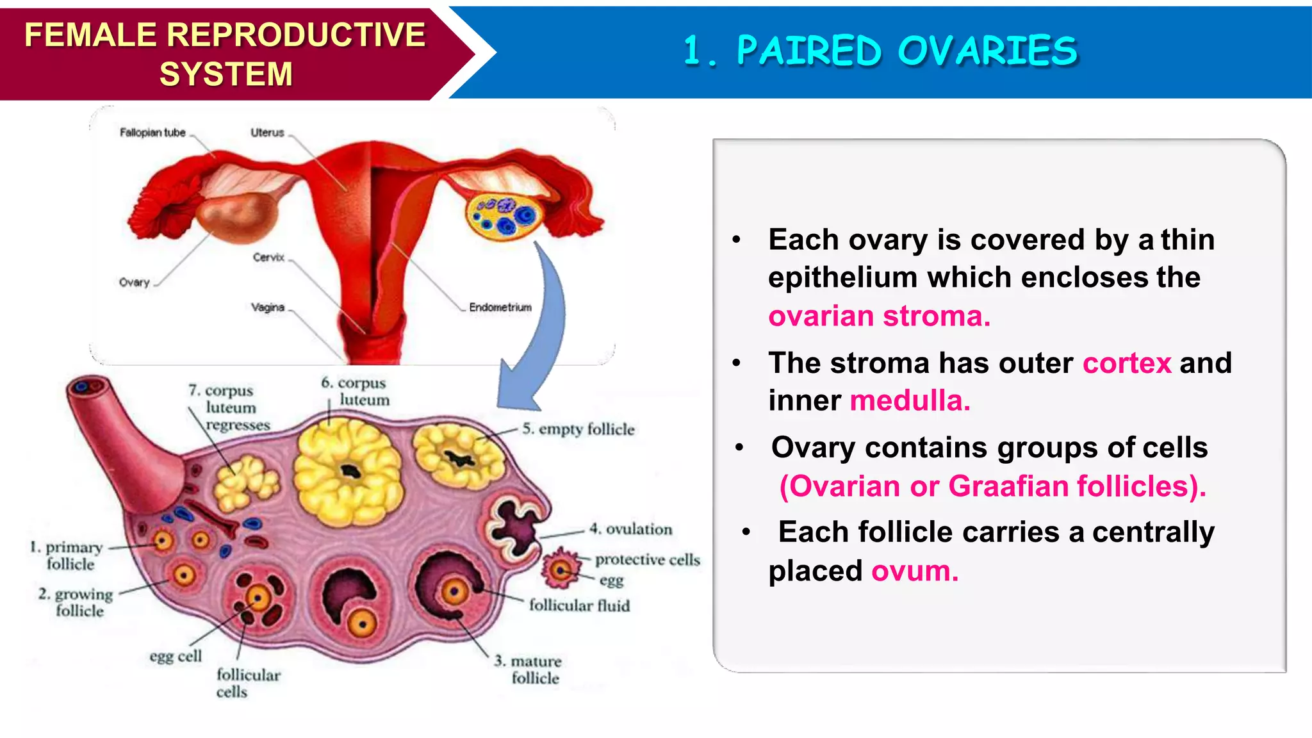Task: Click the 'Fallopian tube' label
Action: tap(152, 133)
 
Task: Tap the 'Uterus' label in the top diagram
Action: tap(267, 133)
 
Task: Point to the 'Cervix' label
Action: tap(268, 257)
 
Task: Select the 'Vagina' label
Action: tap(268, 307)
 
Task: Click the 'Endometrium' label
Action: tap(500, 307)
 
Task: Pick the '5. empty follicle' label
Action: tap(578, 429)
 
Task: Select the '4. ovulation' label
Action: tap(631, 529)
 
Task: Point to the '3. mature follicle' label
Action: tap(529, 669)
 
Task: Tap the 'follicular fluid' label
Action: tap(579, 605)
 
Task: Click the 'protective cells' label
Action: tap(647, 559)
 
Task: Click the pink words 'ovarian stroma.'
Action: tap(879, 316)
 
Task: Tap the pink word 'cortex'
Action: tap(1127, 363)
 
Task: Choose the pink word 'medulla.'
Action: tap(910, 401)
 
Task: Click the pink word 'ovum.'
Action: tap(914, 571)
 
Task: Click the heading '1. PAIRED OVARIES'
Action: tap(880, 51)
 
